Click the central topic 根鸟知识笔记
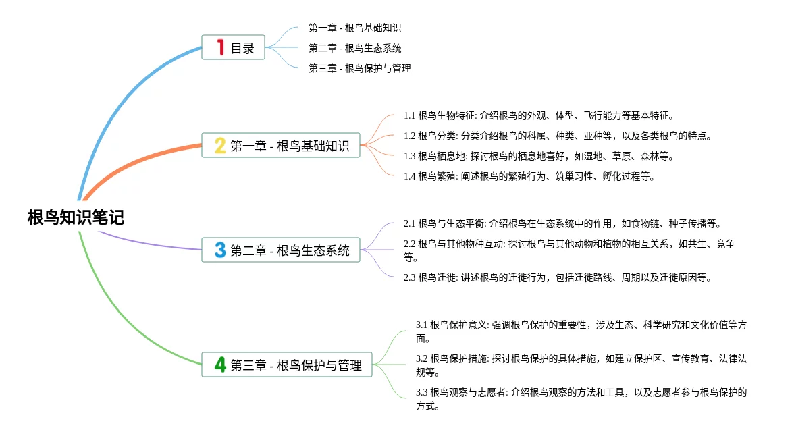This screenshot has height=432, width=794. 76,217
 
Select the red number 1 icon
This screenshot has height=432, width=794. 220,48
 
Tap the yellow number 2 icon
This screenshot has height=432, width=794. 220,145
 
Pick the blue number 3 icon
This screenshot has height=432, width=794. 220,250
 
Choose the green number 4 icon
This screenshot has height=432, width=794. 220,364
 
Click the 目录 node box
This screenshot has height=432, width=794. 234,48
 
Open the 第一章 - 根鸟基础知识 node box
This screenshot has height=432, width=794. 281,145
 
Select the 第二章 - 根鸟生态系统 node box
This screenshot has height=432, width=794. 281,250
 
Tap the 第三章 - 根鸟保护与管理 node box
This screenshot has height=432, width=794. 287,364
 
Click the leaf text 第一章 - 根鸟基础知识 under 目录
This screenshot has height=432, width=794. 354,28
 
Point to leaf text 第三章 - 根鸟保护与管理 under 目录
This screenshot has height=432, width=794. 359,68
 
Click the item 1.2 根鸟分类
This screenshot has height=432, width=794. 558,136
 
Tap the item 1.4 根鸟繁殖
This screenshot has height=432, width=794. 529,176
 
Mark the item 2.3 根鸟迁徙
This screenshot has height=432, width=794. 558,277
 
